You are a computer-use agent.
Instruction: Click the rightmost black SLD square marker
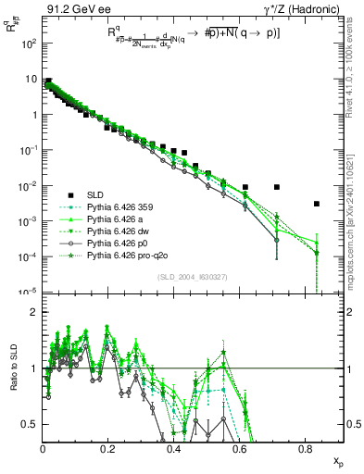(x=317, y=204)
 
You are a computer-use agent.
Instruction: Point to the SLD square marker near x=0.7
(x=277, y=187)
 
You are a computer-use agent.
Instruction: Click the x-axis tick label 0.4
(x=174, y=448)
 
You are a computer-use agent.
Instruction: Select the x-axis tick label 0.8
(x=306, y=448)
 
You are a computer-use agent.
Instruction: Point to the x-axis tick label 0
(x=43, y=448)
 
